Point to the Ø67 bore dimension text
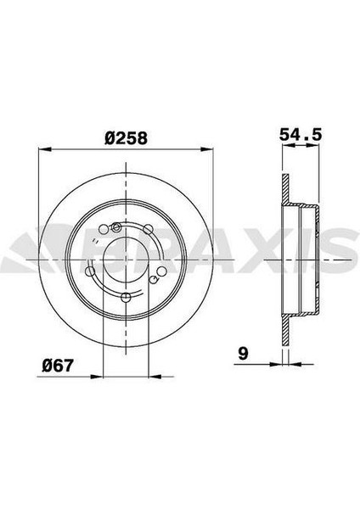(x=56, y=368)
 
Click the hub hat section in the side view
(x=310, y=258)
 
